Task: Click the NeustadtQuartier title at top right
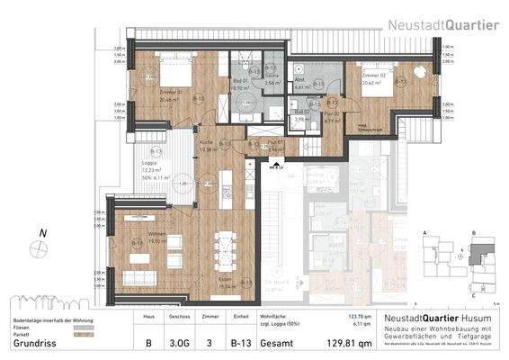pyautogui.click(x=443, y=25)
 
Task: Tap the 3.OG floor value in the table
pyautogui.click(x=178, y=342)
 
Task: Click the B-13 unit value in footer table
pyautogui.click(x=238, y=342)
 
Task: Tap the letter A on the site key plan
pyautogui.click(x=424, y=232)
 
